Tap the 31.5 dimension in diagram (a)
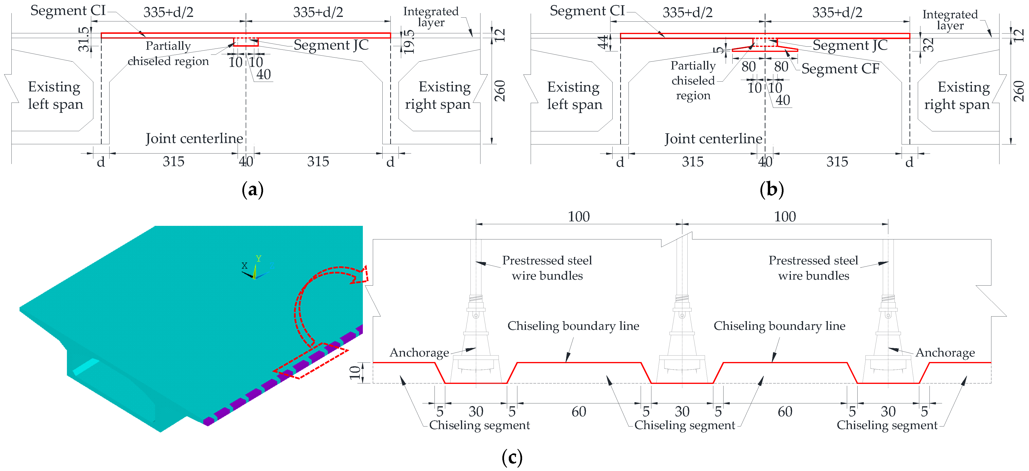point(84,39)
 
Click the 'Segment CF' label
point(840,69)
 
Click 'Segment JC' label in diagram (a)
point(331,45)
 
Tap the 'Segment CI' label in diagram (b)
point(587,11)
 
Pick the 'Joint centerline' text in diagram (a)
point(194,139)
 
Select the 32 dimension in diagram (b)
point(929,44)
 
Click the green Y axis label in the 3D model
point(259,259)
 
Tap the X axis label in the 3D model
point(245,265)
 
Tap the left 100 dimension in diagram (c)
point(578,217)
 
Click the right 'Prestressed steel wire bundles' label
point(813,268)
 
